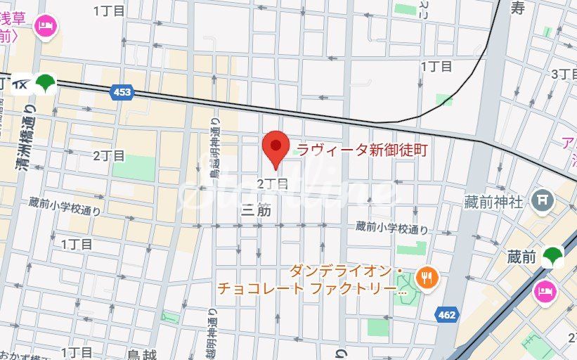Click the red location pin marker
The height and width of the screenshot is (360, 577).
pyautogui.click(x=276, y=148)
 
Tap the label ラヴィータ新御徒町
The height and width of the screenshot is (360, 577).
pyautogui.click(x=362, y=149)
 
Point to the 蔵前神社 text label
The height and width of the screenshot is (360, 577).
pyautogui.click(x=493, y=202)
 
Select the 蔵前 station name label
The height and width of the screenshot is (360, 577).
pyautogui.click(x=521, y=258)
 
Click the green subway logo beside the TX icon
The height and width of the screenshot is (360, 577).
pyautogui.click(x=47, y=84)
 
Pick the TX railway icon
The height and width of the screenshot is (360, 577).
pyautogui.click(x=20, y=84)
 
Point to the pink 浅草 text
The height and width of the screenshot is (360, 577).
pyautogui.click(x=14, y=20)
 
